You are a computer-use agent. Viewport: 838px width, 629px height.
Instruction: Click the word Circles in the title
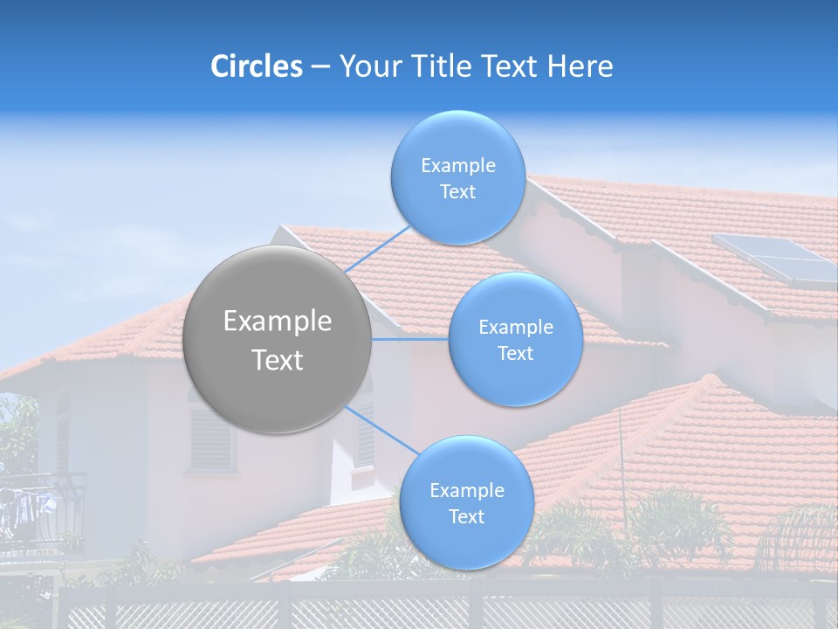pos(256,66)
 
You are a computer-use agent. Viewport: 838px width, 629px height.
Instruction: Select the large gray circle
pos(277,339)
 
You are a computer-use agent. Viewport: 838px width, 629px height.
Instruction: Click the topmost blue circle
pos(457,177)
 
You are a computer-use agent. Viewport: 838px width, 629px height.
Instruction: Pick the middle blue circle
pos(515,339)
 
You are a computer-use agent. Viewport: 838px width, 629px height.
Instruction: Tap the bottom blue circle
pos(466,502)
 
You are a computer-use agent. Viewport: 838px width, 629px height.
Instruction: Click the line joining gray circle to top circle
pos(378,250)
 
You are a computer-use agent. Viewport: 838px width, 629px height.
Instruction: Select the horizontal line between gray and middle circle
pos(410,339)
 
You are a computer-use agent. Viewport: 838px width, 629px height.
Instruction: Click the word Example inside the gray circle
pos(277,321)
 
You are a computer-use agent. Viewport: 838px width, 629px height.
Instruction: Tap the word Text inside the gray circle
pos(277,360)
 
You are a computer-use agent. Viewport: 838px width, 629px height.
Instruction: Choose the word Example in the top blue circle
pos(457,165)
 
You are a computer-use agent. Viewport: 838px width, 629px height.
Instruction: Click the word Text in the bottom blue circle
pos(466,516)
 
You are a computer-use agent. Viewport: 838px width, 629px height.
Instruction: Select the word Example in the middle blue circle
pos(515,327)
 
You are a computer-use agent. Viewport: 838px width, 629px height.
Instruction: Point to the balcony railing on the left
pos(44,511)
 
